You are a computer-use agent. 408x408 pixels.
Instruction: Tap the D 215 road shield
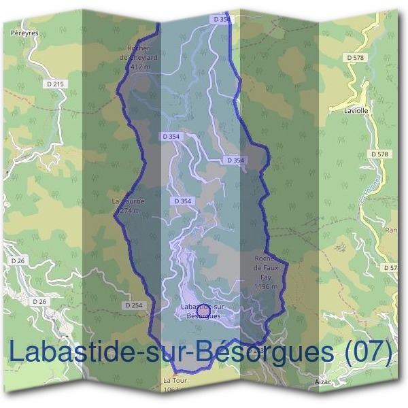[58, 84]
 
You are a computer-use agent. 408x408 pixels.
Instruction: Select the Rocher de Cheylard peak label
[142, 53]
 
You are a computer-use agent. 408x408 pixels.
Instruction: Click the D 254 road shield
[135, 305]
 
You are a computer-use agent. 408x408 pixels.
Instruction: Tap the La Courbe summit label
[126, 202]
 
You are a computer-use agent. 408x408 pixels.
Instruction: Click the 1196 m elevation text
[265, 287]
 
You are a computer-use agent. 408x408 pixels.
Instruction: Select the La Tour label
[174, 380]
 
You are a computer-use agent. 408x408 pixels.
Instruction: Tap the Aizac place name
[323, 382]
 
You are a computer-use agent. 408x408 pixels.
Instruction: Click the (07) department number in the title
[369, 352]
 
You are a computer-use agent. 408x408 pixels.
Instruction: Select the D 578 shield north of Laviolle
[356, 58]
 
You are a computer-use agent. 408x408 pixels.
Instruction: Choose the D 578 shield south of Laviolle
[381, 154]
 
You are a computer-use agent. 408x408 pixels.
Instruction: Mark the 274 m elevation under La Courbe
[129, 211]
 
